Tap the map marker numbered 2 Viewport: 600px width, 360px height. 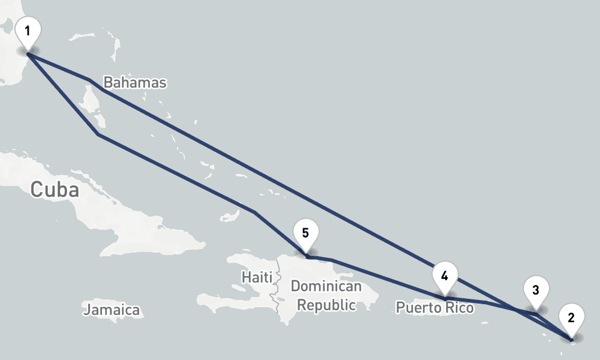coord(571,317)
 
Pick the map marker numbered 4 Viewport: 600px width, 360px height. coord(445,276)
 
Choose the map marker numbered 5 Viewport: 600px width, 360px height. coord(306,233)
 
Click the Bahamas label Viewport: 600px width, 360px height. coord(134,83)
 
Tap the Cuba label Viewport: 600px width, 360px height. coord(55,190)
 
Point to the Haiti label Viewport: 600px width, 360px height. coord(257,277)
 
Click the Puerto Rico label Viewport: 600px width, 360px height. coord(434,308)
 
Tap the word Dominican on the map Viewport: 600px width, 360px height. coord(326,286)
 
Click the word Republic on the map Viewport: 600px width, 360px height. coord(326,305)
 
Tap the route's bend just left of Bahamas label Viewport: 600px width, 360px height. coord(89,79)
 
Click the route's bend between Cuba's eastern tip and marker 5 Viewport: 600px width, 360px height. coord(254,212)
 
